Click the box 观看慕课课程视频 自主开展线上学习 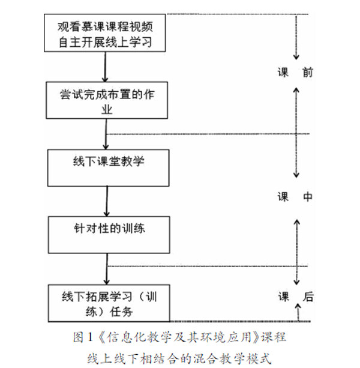click(105, 33)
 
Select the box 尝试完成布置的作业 click(105, 100)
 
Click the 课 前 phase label click(295, 73)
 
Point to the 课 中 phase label click(295, 196)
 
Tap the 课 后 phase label click(295, 297)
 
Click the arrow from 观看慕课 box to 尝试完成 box click(105, 65)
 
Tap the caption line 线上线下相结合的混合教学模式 click(179, 359)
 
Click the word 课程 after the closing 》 click(272, 337)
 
